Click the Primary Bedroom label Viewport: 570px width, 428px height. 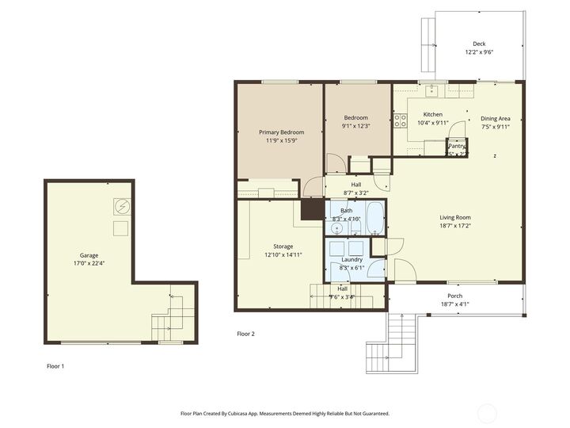click(282, 132)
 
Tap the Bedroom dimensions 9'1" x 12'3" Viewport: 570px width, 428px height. click(355, 126)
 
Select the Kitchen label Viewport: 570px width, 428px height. click(432, 114)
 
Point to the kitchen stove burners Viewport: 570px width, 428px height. click(400, 121)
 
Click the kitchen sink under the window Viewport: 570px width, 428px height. click(432, 90)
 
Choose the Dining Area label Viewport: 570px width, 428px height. click(496, 118)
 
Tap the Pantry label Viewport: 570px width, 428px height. click(457, 146)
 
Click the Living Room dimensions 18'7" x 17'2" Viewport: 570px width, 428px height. click(455, 226)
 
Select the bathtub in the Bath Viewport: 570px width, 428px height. click(375, 218)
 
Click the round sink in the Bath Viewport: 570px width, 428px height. click(337, 228)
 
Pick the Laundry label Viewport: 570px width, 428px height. click(351, 259)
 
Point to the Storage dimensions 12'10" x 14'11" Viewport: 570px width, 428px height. click(283, 255)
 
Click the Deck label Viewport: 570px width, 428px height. click(479, 44)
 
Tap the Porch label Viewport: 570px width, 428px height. click(455, 295)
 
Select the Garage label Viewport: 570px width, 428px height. click(89, 255)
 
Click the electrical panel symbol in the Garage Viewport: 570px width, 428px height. click(121, 206)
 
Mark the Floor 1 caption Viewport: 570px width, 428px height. click(55, 366)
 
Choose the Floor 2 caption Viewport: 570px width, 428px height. click(246, 334)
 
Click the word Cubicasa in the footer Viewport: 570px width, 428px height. click(244, 413)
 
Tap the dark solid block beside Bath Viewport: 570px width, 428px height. click(313, 208)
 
